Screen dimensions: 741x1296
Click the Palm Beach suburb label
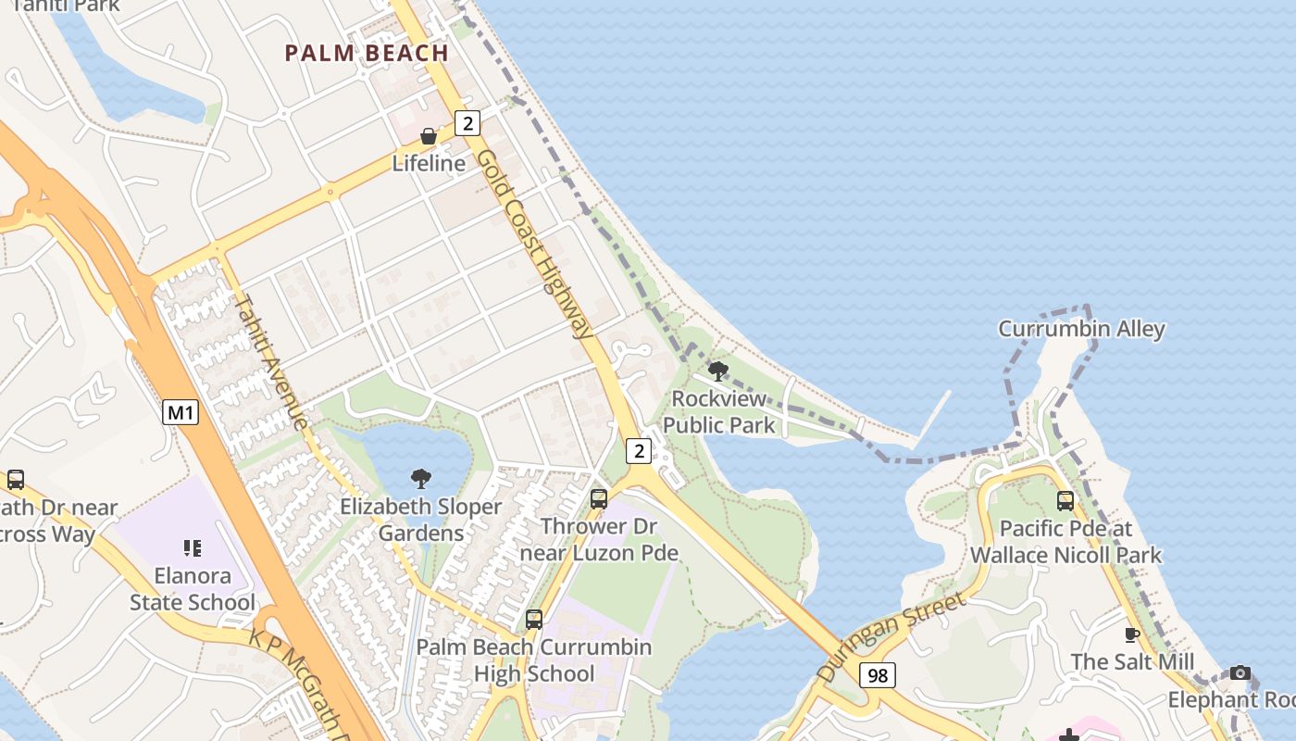[x=367, y=53]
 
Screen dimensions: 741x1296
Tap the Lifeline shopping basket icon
[x=429, y=137]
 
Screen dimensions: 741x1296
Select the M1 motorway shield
[x=181, y=412]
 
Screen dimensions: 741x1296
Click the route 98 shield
[x=878, y=675]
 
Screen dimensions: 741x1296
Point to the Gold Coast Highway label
[x=535, y=245]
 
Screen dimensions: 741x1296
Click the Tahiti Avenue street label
[x=272, y=361]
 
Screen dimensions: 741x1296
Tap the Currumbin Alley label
[x=1081, y=329]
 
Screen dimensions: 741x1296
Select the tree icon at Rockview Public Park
[x=717, y=372]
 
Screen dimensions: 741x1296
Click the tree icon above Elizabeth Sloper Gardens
[x=421, y=479]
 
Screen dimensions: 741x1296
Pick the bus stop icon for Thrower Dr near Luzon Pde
[x=599, y=499]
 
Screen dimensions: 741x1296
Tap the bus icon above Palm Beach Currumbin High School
[x=534, y=620]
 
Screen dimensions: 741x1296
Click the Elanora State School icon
[x=193, y=548]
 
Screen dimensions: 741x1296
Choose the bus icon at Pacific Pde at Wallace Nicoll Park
[x=1065, y=501]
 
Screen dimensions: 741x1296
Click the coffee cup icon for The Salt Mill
[x=1131, y=634]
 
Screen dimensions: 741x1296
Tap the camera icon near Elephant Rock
[x=1240, y=672]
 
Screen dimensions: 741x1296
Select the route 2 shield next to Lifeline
[x=468, y=122]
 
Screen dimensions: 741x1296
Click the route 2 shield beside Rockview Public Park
[x=639, y=451]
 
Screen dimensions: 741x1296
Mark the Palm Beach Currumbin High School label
[x=533, y=659]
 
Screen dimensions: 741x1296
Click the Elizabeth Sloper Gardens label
[x=421, y=520]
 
